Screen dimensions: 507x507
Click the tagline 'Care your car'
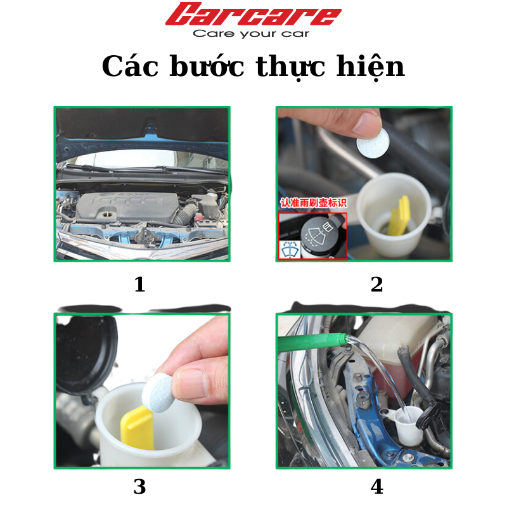click(251, 34)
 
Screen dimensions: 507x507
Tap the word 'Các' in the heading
click(130, 67)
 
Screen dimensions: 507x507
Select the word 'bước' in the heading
click(207, 67)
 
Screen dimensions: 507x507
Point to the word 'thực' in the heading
click(290, 68)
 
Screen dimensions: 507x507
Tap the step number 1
click(139, 284)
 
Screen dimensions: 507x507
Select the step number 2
click(376, 284)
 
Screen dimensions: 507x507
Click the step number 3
click(139, 486)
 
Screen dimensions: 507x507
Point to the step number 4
click(377, 486)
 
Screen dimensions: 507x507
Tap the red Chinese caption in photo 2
click(313, 203)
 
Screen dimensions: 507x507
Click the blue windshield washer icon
click(290, 249)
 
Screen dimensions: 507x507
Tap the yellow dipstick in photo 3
click(137, 428)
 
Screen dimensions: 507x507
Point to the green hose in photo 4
click(311, 342)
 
